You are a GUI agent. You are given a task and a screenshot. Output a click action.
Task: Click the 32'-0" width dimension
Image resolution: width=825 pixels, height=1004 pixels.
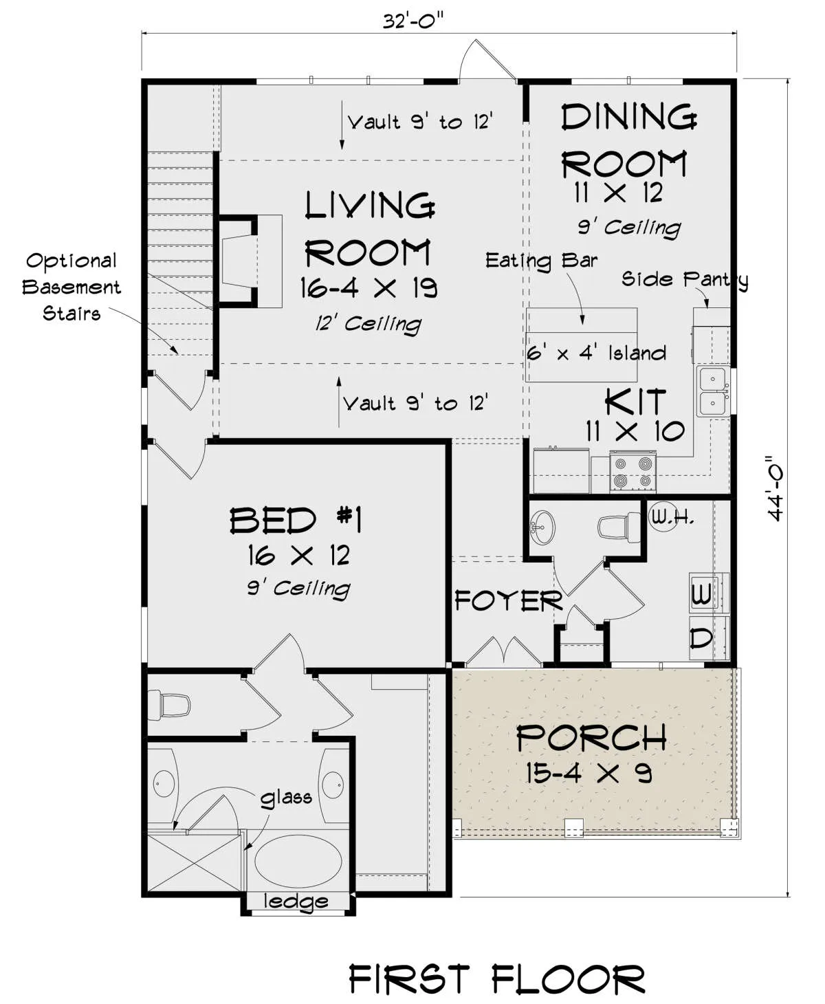click(x=413, y=21)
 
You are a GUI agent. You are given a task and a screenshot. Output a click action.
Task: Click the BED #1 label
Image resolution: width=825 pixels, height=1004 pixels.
click(x=296, y=520)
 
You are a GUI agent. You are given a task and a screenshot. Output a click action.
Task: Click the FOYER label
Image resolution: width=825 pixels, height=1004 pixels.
click(x=509, y=600)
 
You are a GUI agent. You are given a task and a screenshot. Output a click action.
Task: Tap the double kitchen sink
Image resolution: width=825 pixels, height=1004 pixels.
click(x=713, y=391)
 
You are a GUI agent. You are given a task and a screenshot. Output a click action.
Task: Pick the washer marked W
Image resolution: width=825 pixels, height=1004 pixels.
click(x=709, y=593)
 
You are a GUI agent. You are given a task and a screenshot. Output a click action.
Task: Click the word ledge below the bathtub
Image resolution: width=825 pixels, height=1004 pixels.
click(x=296, y=901)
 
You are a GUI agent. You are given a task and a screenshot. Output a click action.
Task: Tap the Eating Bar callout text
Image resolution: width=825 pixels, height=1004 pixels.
click(x=541, y=261)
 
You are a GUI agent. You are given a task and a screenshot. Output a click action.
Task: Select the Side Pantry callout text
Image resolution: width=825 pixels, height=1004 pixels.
click(x=685, y=279)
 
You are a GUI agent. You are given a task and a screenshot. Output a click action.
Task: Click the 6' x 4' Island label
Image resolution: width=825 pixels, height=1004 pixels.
click(x=596, y=353)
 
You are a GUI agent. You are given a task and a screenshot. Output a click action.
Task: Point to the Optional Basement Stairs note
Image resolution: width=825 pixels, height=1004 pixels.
click(x=71, y=287)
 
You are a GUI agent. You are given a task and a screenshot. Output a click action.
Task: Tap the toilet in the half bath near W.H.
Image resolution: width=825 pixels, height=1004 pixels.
click(x=619, y=527)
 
